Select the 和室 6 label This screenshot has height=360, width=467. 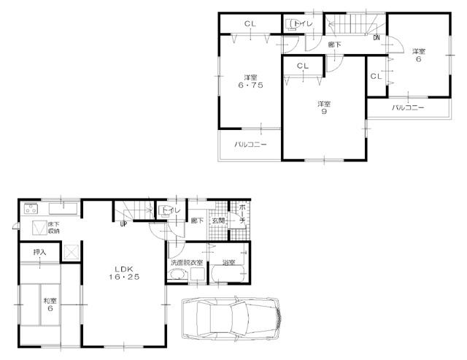50,305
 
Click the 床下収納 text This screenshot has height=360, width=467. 54,228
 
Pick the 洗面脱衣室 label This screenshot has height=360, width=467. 185,262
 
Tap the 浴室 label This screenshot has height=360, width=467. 228,262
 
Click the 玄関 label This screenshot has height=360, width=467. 217,220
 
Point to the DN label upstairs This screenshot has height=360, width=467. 377,37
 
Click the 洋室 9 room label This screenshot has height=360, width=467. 323,107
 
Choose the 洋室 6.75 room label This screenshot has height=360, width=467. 250,82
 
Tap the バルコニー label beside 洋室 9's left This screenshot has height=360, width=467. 250,145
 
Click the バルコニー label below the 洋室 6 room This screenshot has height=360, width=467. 408,107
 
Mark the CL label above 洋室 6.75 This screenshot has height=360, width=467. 250,24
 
